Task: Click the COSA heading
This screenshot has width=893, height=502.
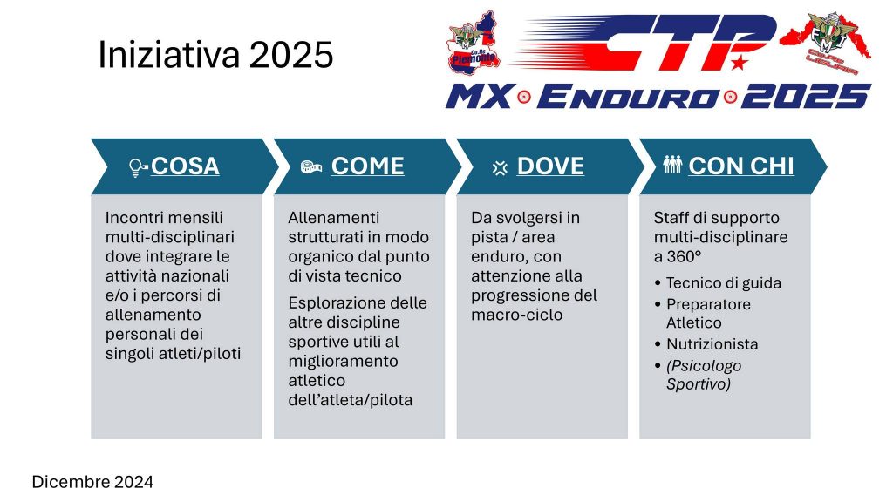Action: [x=185, y=166]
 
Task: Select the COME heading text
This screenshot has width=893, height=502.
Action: [x=368, y=166]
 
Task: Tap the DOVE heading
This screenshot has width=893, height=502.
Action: [x=550, y=166]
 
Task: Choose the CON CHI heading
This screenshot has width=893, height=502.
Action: [x=741, y=166]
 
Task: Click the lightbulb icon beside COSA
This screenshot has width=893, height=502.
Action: [x=138, y=167]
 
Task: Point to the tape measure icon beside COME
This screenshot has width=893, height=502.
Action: [x=311, y=166]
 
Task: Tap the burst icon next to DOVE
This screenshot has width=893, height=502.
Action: [x=500, y=168]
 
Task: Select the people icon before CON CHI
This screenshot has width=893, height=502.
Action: [x=672, y=165]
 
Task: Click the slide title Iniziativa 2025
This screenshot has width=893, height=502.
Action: [x=216, y=55]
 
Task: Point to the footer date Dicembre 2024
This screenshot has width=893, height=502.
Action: [x=92, y=482]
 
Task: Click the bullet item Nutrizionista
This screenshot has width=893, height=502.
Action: [x=712, y=344]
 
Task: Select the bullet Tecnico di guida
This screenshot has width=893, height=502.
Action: [x=724, y=283]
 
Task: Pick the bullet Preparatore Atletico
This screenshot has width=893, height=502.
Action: [x=708, y=313]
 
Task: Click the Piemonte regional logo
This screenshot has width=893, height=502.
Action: [x=474, y=43]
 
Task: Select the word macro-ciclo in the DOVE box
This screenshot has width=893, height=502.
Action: [x=516, y=315]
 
